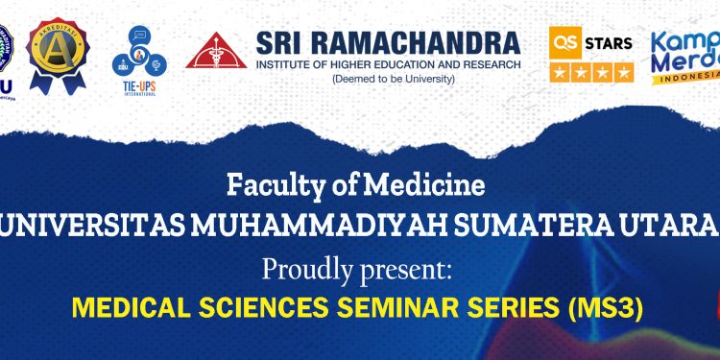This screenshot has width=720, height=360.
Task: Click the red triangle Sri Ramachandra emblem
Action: click(x=215, y=51)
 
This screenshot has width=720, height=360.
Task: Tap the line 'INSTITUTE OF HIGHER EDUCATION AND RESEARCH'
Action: click(x=389, y=63)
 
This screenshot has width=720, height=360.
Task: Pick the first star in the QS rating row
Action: click(x=559, y=72)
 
